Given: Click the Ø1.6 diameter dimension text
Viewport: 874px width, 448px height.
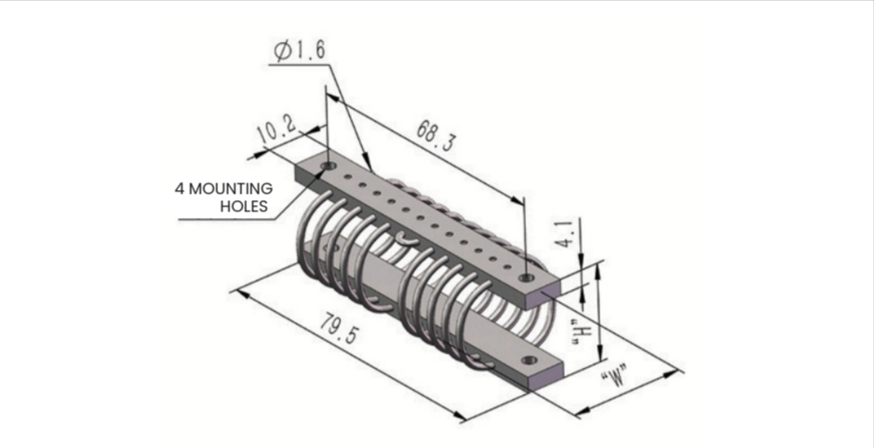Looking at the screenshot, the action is click(x=301, y=51).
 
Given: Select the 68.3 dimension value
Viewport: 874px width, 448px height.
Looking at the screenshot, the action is click(x=436, y=136).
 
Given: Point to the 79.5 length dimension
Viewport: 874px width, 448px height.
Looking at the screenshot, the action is click(x=341, y=328).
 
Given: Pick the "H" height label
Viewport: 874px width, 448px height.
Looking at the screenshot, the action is click(x=583, y=333).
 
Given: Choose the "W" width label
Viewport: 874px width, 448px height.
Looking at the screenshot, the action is click(x=615, y=378).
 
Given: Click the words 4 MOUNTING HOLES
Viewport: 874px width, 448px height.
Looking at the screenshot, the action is click(x=224, y=197).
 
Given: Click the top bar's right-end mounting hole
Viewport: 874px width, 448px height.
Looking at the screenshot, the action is click(x=525, y=278).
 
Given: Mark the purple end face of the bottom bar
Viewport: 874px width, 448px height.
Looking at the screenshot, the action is click(x=545, y=376).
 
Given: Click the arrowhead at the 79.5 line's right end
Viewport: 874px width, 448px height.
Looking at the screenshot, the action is click(x=460, y=416).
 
